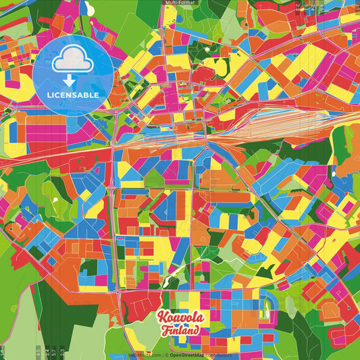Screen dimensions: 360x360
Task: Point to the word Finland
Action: [x=180, y=331]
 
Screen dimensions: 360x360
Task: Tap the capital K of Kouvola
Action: [x=162, y=317]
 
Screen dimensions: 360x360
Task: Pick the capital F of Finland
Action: [x=165, y=331]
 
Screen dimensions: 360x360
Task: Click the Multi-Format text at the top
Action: [x=180, y=3]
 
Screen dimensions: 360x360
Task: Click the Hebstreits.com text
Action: [x=145, y=355]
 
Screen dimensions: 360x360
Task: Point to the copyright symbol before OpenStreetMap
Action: [x=167, y=355]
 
